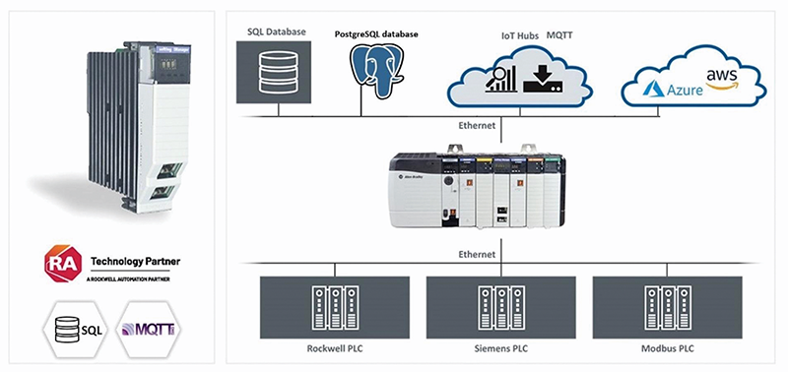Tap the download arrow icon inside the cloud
[544, 79]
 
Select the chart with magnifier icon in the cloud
[502, 79]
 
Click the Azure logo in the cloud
[671, 90]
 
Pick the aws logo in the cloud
[723, 75]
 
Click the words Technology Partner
[135, 261]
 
